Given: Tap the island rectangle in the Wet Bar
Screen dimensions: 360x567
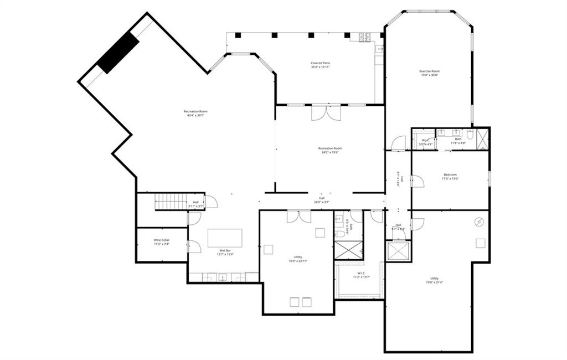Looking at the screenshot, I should (x=225, y=238).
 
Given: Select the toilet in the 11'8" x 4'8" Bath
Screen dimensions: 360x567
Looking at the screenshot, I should (x=470, y=134).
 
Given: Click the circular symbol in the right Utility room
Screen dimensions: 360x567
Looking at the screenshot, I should (x=479, y=222).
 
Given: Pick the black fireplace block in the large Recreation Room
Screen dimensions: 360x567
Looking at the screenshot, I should (x=118, y=52).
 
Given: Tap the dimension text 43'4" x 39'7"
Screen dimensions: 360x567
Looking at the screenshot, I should (x=195, y=116).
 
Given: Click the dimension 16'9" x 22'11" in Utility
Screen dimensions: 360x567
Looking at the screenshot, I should (x=298, y=261).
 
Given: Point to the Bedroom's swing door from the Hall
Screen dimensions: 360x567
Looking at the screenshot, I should (x=417, y=181).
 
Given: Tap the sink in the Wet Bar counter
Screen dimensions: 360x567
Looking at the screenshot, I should (x=222, y=277).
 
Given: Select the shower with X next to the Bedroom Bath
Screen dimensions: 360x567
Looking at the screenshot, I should (x=483, y=138).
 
